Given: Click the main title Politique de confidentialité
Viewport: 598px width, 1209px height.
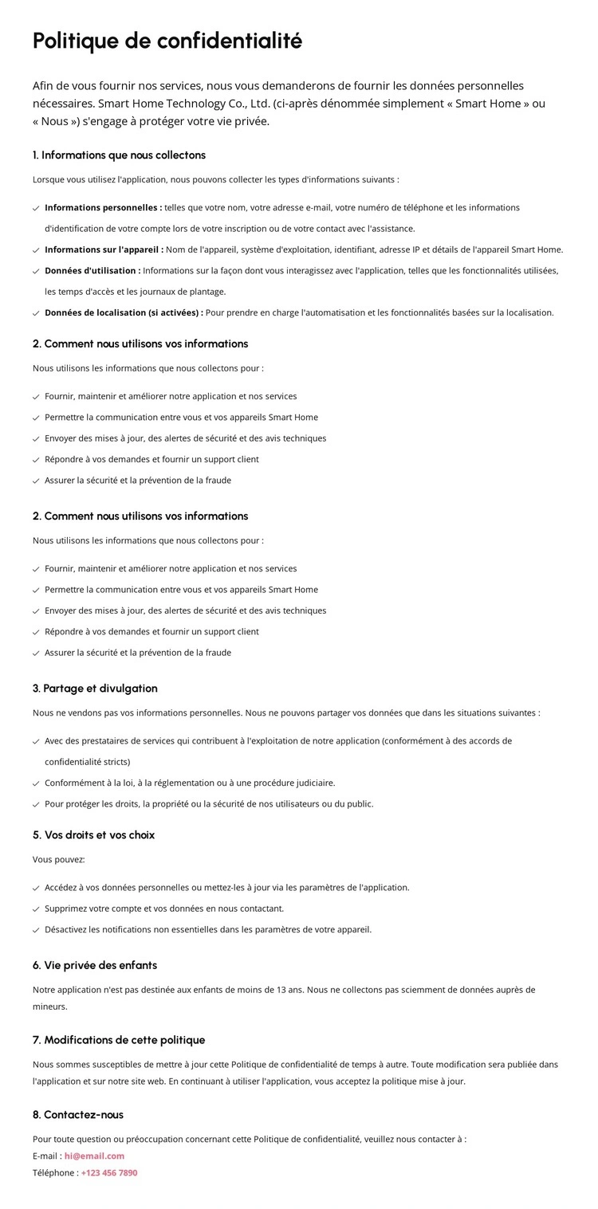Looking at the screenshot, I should pyautogui.click(x=167, y=41).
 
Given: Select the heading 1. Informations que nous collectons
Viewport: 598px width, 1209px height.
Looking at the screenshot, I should pyautogui.click(x=119, y=155).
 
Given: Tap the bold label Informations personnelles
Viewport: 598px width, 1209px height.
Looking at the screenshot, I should pyautogui.click(x=103, y=207).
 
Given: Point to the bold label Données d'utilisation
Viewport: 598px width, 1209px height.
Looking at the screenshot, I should pyautogui.click(x=92, y=270).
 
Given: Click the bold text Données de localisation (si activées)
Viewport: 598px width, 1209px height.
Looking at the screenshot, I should pyautogui.click(x=124, y=312).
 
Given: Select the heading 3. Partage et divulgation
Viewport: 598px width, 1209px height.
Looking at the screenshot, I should pyautogui.click(x=95, y=688).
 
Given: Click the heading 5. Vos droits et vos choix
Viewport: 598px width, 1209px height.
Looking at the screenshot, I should pyautogui.click(x=93, y=834).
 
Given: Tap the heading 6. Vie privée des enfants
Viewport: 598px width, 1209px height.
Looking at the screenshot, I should pyautogui.click(x=94, y=965).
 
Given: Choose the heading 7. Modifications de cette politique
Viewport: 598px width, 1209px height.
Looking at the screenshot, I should pyautogui.click(x=119, y=1039).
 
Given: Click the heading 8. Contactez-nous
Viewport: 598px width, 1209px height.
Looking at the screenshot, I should pyautogui.click(x=78, y=1114).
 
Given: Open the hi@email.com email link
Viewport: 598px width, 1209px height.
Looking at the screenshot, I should pyautogui.click(x=94, y=1156).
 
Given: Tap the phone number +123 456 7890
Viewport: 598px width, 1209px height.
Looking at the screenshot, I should pyautogui.click(x=109, y=1172).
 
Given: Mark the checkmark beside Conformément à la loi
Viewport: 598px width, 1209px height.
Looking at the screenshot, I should pyautogui.click(x=36, y=783).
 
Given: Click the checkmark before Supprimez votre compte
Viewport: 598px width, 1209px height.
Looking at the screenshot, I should pyautogui.click(x=36, y=909).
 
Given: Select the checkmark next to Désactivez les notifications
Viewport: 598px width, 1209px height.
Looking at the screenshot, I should pyautogui.click(x=36, y=930).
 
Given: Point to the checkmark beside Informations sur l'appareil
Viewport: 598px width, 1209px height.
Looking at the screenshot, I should pyautogui.click(x=36, y=250).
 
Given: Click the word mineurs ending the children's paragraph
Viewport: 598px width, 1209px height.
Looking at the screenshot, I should pyautogui.click(x=49, y=1007).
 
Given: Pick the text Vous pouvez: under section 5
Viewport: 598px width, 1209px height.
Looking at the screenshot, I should pyautogui.click(x=59, y=859).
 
